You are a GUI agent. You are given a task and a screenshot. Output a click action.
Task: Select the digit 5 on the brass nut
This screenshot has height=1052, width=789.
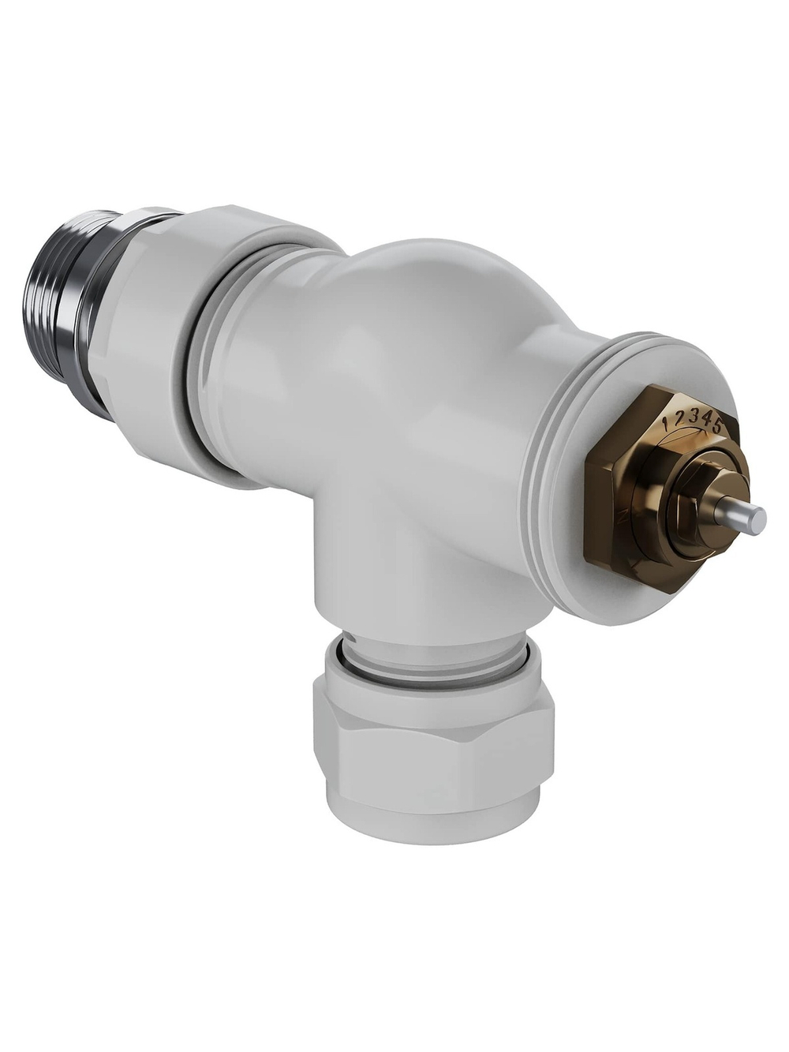(x=716, y=427)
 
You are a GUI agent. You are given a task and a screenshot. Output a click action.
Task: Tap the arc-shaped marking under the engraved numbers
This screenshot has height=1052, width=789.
(x=694, y=434)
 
